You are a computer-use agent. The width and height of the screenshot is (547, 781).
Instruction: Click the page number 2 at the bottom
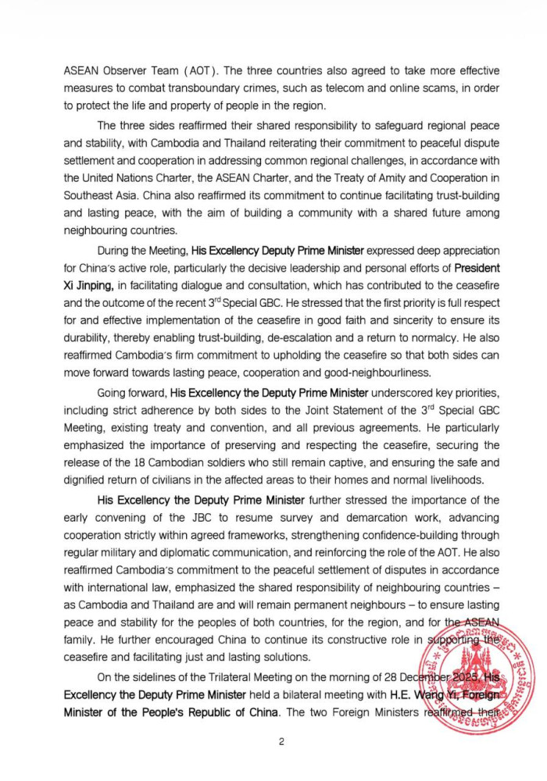[x=280, y=743]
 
